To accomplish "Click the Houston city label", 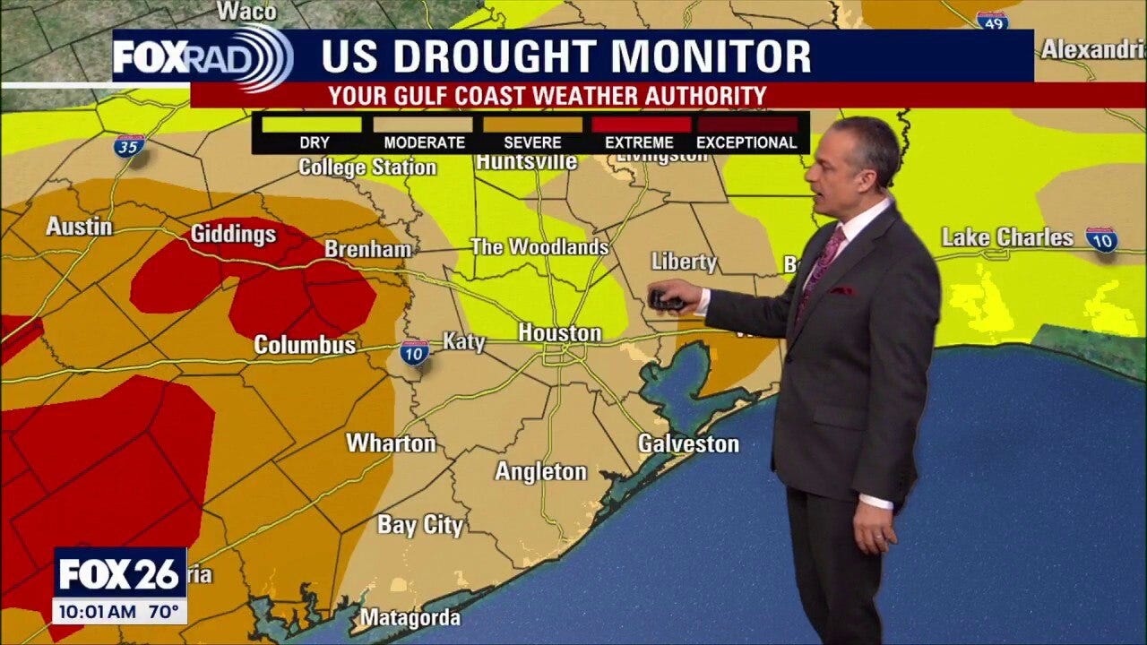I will pos(559,333).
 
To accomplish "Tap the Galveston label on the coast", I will pos(688,443).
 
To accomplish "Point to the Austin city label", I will pos(79,227).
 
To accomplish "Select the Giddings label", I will pos(233,234).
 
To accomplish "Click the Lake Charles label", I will pos(1007,237).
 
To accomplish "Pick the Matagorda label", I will pos(410,617).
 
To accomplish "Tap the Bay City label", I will pos(420,525).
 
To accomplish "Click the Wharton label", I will pos(391,443).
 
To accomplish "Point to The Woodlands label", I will pos(539,247).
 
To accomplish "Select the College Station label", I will pos(367,167).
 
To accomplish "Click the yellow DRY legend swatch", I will pos(314,125).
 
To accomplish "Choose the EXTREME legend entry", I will pos(639,142).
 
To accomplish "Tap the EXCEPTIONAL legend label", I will pos(746,142).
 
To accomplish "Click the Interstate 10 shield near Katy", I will pos(414,352).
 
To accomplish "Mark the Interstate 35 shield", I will pos(129,146).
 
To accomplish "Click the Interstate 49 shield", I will pos(991,20).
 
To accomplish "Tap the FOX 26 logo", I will pos(119,574).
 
